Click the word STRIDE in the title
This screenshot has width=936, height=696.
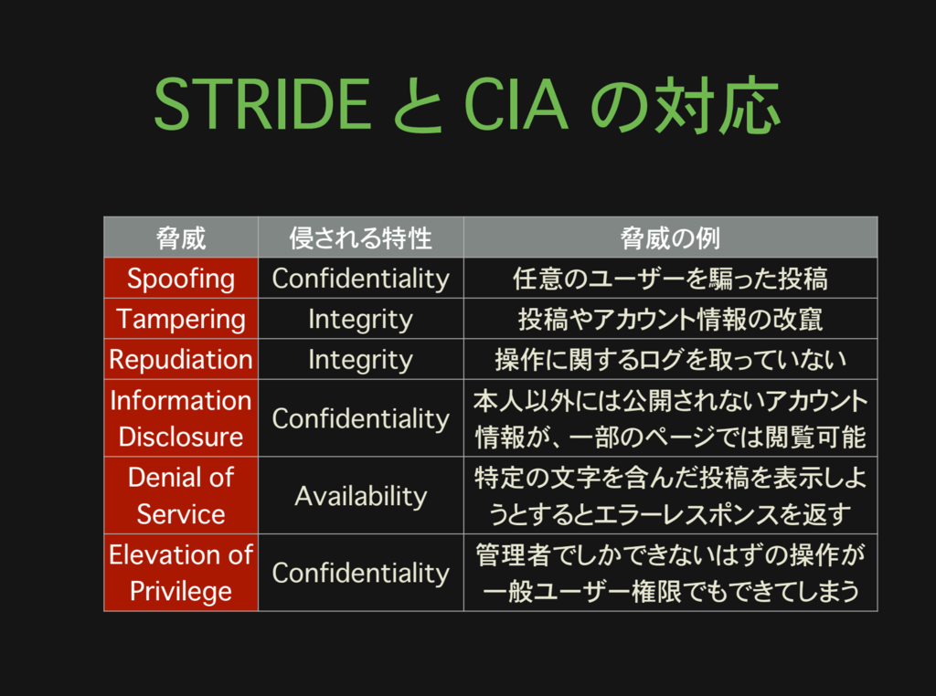[261, 105]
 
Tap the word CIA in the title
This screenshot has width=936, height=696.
[517, 105]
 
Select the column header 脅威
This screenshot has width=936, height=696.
[181, 238]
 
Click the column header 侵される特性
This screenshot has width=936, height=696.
[360, 238]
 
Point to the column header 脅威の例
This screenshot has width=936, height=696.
[670, 238]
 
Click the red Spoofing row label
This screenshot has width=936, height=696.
[181, 279]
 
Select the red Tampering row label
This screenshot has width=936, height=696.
[181, 319]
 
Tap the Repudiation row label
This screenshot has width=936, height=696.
[181, 359]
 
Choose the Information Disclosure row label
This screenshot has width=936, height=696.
[181, 418]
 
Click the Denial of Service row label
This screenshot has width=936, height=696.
[181, 495]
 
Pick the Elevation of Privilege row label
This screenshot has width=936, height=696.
[181, 573]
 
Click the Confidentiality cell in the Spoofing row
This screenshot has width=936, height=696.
[360, 279]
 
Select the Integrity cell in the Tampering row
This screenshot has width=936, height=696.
[360, 319]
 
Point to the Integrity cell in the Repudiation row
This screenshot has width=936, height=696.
[360, 359]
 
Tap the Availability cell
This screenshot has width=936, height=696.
[360, 496]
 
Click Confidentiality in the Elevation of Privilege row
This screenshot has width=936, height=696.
[360, 573]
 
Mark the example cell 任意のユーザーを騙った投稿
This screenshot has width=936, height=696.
[670, 279]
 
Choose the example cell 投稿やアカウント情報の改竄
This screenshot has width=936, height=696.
[670, 319]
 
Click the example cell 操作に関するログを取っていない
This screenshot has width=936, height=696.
[670, 359]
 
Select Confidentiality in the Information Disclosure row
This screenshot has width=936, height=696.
[360, 418]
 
